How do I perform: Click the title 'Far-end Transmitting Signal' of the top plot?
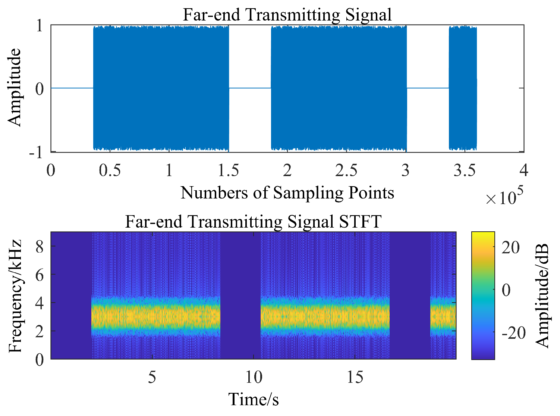point(287,15)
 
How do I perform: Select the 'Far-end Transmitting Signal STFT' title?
point(253,222)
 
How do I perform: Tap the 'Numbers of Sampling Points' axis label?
point(287,193)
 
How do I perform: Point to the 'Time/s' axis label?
point(253,400)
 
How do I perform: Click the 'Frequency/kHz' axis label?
point(16,296)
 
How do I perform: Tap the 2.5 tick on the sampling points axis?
point(346,171)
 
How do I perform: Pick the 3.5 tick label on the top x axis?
point(465,171)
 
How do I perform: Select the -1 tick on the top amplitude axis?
point(37,152)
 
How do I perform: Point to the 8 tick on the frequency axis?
point(40,246)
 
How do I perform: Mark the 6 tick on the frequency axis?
point(40,275)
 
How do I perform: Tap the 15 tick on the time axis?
point(355,378)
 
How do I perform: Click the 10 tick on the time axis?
point(254,378)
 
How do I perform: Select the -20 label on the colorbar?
point(513,333)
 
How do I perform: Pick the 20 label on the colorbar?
point(510,248)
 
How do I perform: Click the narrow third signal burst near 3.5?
point(463,88)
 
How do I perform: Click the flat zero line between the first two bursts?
point(250,88)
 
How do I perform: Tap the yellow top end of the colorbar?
point(483,235)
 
